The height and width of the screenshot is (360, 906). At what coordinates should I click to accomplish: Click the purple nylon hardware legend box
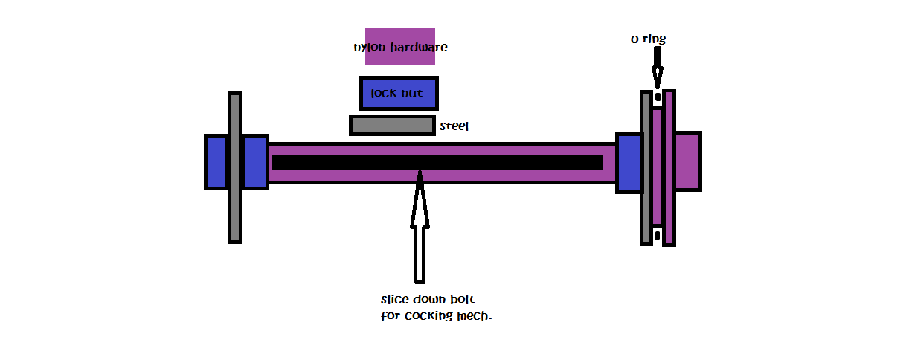point(399,47)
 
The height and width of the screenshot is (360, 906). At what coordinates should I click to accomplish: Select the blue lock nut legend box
point(399,94)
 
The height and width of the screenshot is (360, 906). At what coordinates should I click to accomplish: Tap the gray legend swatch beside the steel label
point(392,125)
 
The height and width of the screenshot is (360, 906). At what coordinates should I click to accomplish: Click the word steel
point(454,126)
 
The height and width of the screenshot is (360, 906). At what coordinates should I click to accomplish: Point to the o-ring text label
point(647,39)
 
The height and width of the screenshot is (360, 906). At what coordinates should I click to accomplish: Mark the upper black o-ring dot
point(658,97)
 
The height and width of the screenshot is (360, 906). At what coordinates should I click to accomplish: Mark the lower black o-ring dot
point(658,236)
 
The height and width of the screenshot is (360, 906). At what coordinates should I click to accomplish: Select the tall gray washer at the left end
point(235,167)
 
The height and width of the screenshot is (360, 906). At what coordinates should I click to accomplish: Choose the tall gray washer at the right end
point(646,167)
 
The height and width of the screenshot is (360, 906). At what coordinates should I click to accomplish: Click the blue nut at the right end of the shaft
point(629,163)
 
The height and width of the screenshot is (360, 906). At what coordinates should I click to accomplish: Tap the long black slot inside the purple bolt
point(437,162)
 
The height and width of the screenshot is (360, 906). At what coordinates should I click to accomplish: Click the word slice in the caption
point(394,300)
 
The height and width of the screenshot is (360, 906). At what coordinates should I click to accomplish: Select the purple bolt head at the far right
point(687,161)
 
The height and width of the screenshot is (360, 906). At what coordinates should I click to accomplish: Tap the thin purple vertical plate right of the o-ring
point(669,167)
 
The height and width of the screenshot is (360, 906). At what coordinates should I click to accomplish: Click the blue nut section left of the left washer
point(216,162)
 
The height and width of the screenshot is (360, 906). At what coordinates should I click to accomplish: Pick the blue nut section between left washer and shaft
point(254,162)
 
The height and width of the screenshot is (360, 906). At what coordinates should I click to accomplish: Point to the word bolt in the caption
point(461,300)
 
